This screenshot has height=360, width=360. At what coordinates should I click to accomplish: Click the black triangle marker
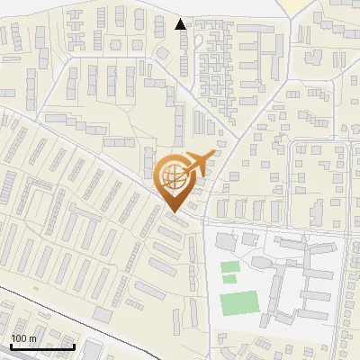point(181,24)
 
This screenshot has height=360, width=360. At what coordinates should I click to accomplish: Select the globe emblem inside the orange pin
point(173,177)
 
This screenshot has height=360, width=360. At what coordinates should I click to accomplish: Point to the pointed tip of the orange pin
point(174,211)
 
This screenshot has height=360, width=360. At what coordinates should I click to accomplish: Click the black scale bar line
point(41,346)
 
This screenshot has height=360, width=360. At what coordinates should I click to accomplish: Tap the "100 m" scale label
point(23,337)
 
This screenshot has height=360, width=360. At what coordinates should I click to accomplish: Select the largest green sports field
point(237,303)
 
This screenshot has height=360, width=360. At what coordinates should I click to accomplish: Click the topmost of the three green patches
point(230,266)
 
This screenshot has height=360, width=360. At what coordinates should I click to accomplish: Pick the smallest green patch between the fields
point(229,279)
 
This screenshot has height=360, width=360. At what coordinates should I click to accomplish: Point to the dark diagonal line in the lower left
point(54,310)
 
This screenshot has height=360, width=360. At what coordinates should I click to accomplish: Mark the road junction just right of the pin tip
point(205,220)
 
